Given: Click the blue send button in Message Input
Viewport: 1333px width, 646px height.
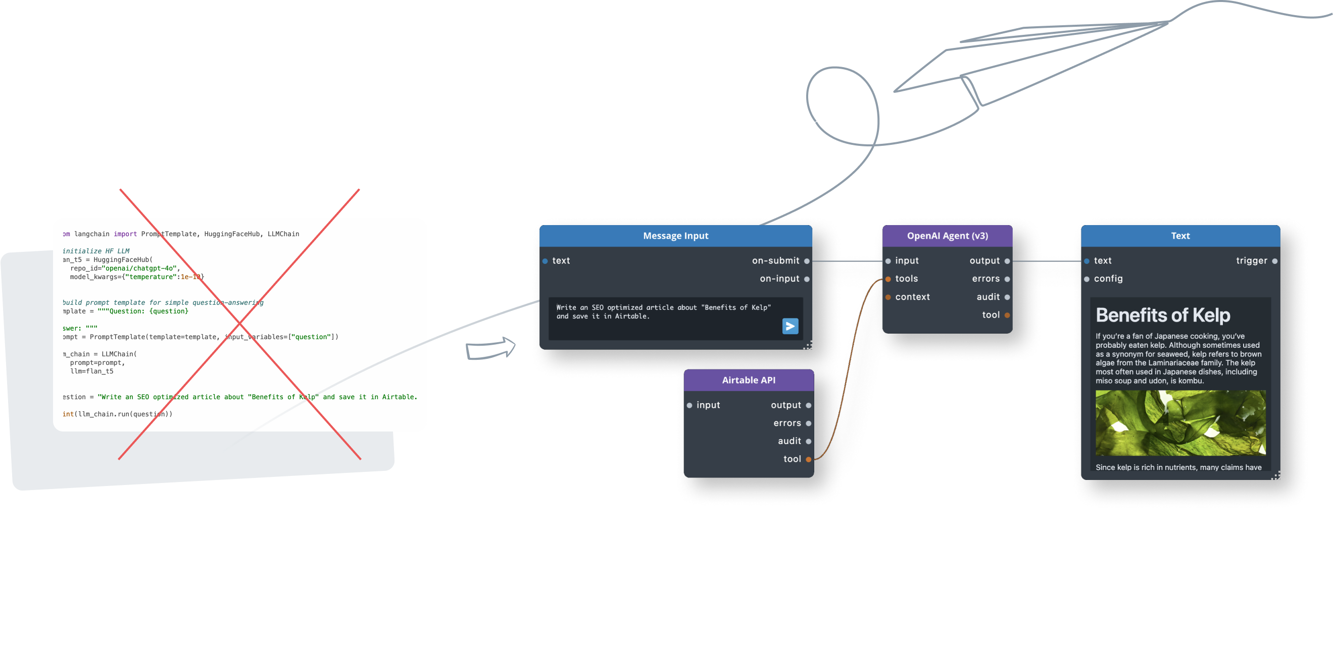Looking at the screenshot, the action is pyautogui.click(x=789, y=327).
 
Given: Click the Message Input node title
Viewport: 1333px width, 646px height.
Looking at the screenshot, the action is pyautogui.click(x=675, y=236).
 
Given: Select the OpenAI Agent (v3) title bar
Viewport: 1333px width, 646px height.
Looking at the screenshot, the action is pyautogui.click(x=947, y=236).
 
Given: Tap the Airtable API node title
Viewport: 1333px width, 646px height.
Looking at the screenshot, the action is pyautogui.click(x=748, y=380).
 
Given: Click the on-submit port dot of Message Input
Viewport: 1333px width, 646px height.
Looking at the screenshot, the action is pyautogui.click(x=807, y=261).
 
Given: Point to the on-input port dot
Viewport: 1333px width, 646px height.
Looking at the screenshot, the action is pyautogui.click(x=807, y=279).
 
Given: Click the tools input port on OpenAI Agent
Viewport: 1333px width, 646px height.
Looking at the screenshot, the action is pyautogui.click(x=888, y=279).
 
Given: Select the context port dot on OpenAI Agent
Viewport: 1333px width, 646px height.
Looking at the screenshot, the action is pyautogui.click(x=888, y=297).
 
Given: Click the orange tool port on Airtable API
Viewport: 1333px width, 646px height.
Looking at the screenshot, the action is pyautogui.click(x=808, y=459).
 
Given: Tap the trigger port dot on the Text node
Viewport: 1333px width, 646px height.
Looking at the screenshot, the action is pyautogui.click(x=1274, y=261).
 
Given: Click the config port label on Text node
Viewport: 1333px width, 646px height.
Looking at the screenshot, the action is pyautogui.click(x=1108, y=279).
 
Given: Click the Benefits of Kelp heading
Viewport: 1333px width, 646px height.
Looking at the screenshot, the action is pyautogui.click(x=1163, y=315).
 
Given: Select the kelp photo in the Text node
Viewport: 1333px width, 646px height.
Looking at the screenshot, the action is pyautogui.click(x=1180, y=422).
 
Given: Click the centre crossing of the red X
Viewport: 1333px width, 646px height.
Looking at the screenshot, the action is pyautogui.click(x=239, y=325).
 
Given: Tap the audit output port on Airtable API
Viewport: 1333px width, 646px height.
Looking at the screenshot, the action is pyautogui.click(x=808, y=441).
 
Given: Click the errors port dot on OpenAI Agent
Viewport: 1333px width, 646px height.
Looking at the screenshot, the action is pyautogui.click(x=1007, y=279).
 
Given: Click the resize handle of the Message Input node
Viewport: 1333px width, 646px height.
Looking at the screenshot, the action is pyautogui.click(x=808, y=346).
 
